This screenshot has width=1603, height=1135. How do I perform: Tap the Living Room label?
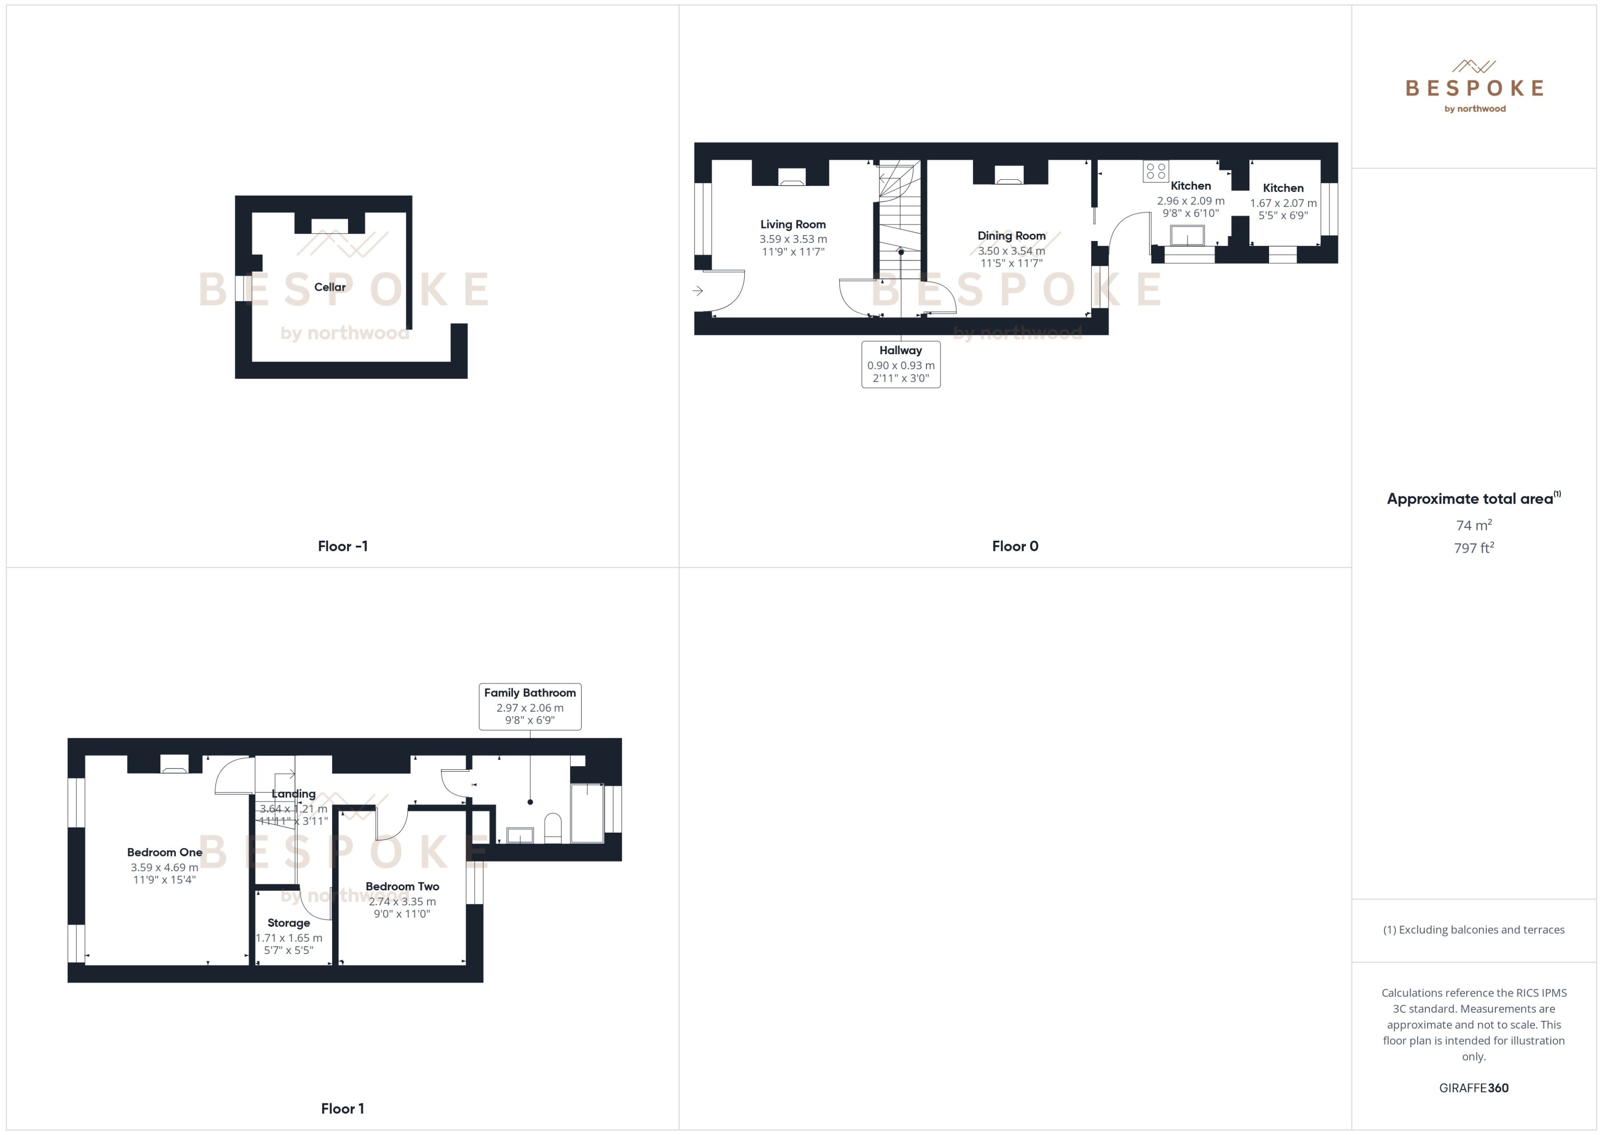click(793, 225)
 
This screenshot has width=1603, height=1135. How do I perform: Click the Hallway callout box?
click(900, 364)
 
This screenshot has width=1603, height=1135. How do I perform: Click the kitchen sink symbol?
click(1188, 236)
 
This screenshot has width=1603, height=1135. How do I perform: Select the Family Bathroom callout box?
click(529, 707)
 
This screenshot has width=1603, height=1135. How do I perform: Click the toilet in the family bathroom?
click(552, 828)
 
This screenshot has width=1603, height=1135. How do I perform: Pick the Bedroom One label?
click(165, 852)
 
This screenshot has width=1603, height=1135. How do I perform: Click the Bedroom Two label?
click(402, 886)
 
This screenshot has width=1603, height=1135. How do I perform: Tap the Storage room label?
click(289, 922)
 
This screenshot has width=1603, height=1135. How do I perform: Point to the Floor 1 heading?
click(342, 1108)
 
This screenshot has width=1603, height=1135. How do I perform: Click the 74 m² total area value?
click(1474, 525)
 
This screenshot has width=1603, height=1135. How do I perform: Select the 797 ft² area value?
click(1474, 548)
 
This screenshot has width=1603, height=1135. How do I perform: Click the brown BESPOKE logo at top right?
click(1474, 88)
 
